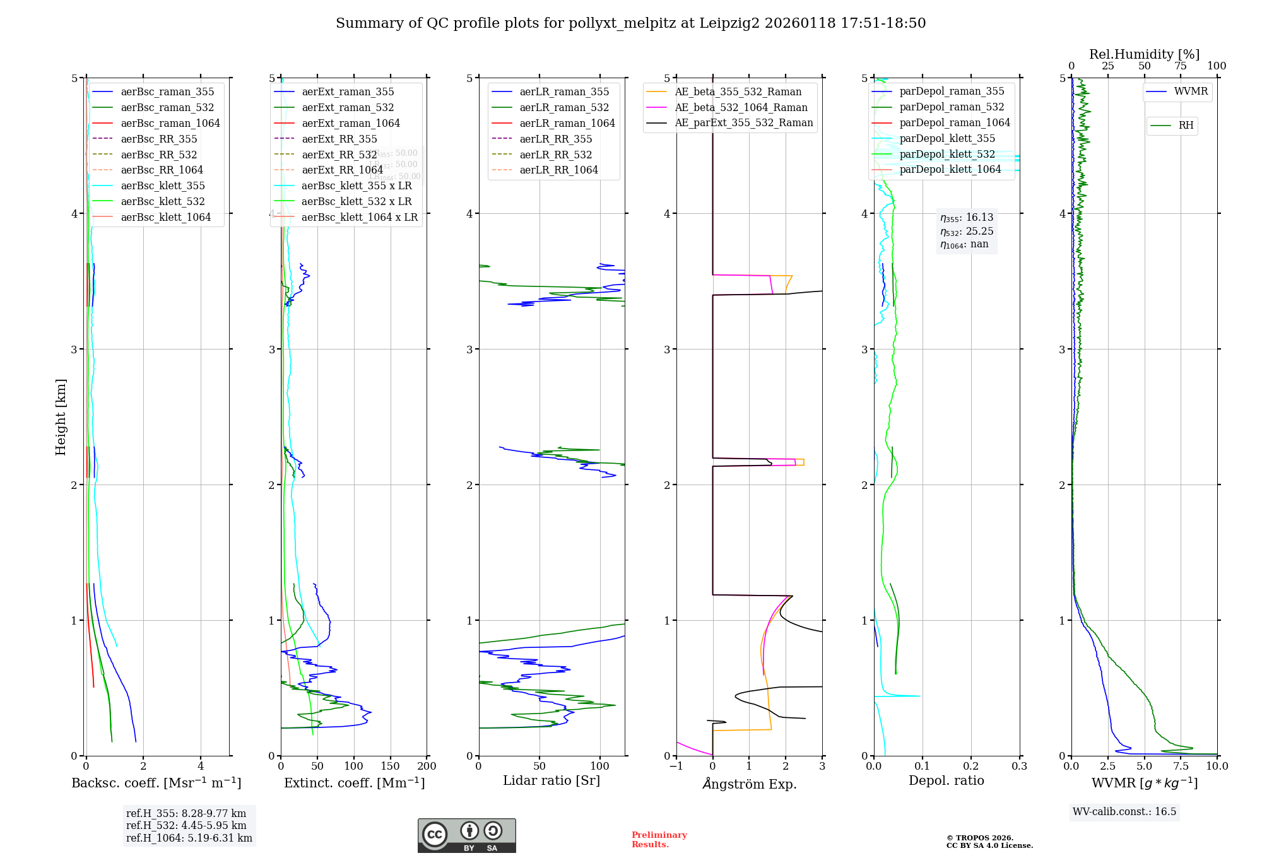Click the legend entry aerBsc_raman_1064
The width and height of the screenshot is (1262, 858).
tap(170, 123)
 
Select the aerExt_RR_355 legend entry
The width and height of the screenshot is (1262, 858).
tap(339, 139)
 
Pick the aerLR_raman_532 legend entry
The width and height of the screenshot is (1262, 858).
tap(564, 107)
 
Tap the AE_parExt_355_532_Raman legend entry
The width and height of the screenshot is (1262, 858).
tap(743, 122)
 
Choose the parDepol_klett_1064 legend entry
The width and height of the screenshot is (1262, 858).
tap(950, 169)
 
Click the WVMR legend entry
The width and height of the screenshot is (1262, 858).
tap(1191, 91)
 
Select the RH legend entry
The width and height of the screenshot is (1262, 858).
tap(1186, 126)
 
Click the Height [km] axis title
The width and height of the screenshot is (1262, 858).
tap(61, 417)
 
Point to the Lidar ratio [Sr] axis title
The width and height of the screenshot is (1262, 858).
tap(551, 780)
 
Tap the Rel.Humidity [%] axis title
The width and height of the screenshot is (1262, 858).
tap(1144, 54)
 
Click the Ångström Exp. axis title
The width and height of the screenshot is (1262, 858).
tap(749, 784)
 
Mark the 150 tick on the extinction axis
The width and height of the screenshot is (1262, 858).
tap(391, 766)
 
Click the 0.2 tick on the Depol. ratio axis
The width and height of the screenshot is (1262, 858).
tap(971, 766)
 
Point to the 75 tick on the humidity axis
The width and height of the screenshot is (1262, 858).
tap(1181, 66)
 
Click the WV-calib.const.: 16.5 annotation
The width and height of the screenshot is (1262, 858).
tap(1124, 811)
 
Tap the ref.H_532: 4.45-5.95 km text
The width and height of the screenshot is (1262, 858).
tap(186, 825)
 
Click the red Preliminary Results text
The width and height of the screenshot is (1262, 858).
tap(659, 840)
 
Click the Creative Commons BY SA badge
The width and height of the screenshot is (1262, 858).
tap(466, 835)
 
